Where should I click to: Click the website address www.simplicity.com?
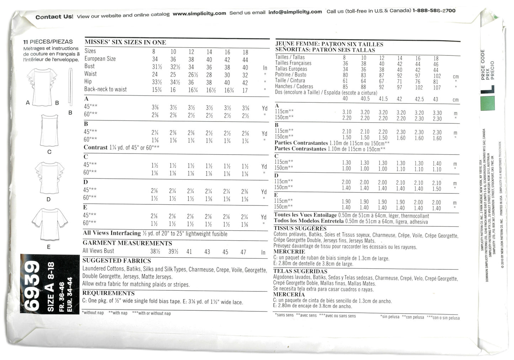point(199,14)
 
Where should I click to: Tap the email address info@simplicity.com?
point(295,12)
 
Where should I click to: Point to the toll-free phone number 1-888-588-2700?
point(434,11)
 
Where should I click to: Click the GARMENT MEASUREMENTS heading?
point(127,243)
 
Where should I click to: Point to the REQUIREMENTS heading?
point(108,293)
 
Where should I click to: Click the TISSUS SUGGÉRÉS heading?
point(300,228)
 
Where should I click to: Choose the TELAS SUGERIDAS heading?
point(300,271)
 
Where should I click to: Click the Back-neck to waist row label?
point(105,89)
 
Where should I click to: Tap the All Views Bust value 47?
point(243,252)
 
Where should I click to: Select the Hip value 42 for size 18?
point(245,82)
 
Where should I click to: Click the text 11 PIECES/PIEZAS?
point(48,42)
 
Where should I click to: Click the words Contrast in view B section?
point(95,147)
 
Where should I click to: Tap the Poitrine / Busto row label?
point(290,75)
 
